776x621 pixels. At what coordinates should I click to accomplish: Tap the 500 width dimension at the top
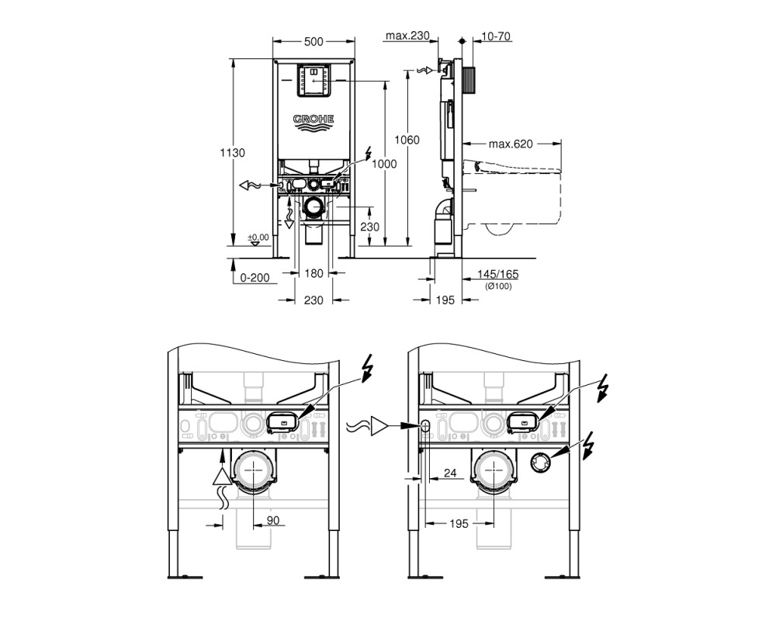[314, 42]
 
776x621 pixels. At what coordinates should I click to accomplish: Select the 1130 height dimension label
[232, 153]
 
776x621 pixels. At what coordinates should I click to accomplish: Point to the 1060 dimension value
[407, 141]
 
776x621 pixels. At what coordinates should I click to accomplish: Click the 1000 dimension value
[385, 164]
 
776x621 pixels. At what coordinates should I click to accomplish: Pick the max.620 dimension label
[511, 144]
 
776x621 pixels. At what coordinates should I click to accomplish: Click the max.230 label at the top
[408, 36]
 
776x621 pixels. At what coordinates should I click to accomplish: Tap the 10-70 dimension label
[496, 36]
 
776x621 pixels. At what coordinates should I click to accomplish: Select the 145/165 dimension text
[498, 274]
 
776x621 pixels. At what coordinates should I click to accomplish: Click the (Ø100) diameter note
[498, 286]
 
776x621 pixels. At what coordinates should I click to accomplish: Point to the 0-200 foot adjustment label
[255, 278]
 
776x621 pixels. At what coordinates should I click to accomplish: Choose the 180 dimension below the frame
[314, 273]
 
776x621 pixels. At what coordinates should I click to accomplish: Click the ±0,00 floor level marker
[258, 238]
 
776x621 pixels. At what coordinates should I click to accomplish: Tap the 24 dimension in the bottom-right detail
[450, 473]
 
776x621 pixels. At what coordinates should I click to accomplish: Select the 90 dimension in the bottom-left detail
[273, 520]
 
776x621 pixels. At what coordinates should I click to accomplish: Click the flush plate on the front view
[314, 80]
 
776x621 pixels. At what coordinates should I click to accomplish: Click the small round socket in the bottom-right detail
[540, 463]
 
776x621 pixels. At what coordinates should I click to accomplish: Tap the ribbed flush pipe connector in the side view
[469, 78]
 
